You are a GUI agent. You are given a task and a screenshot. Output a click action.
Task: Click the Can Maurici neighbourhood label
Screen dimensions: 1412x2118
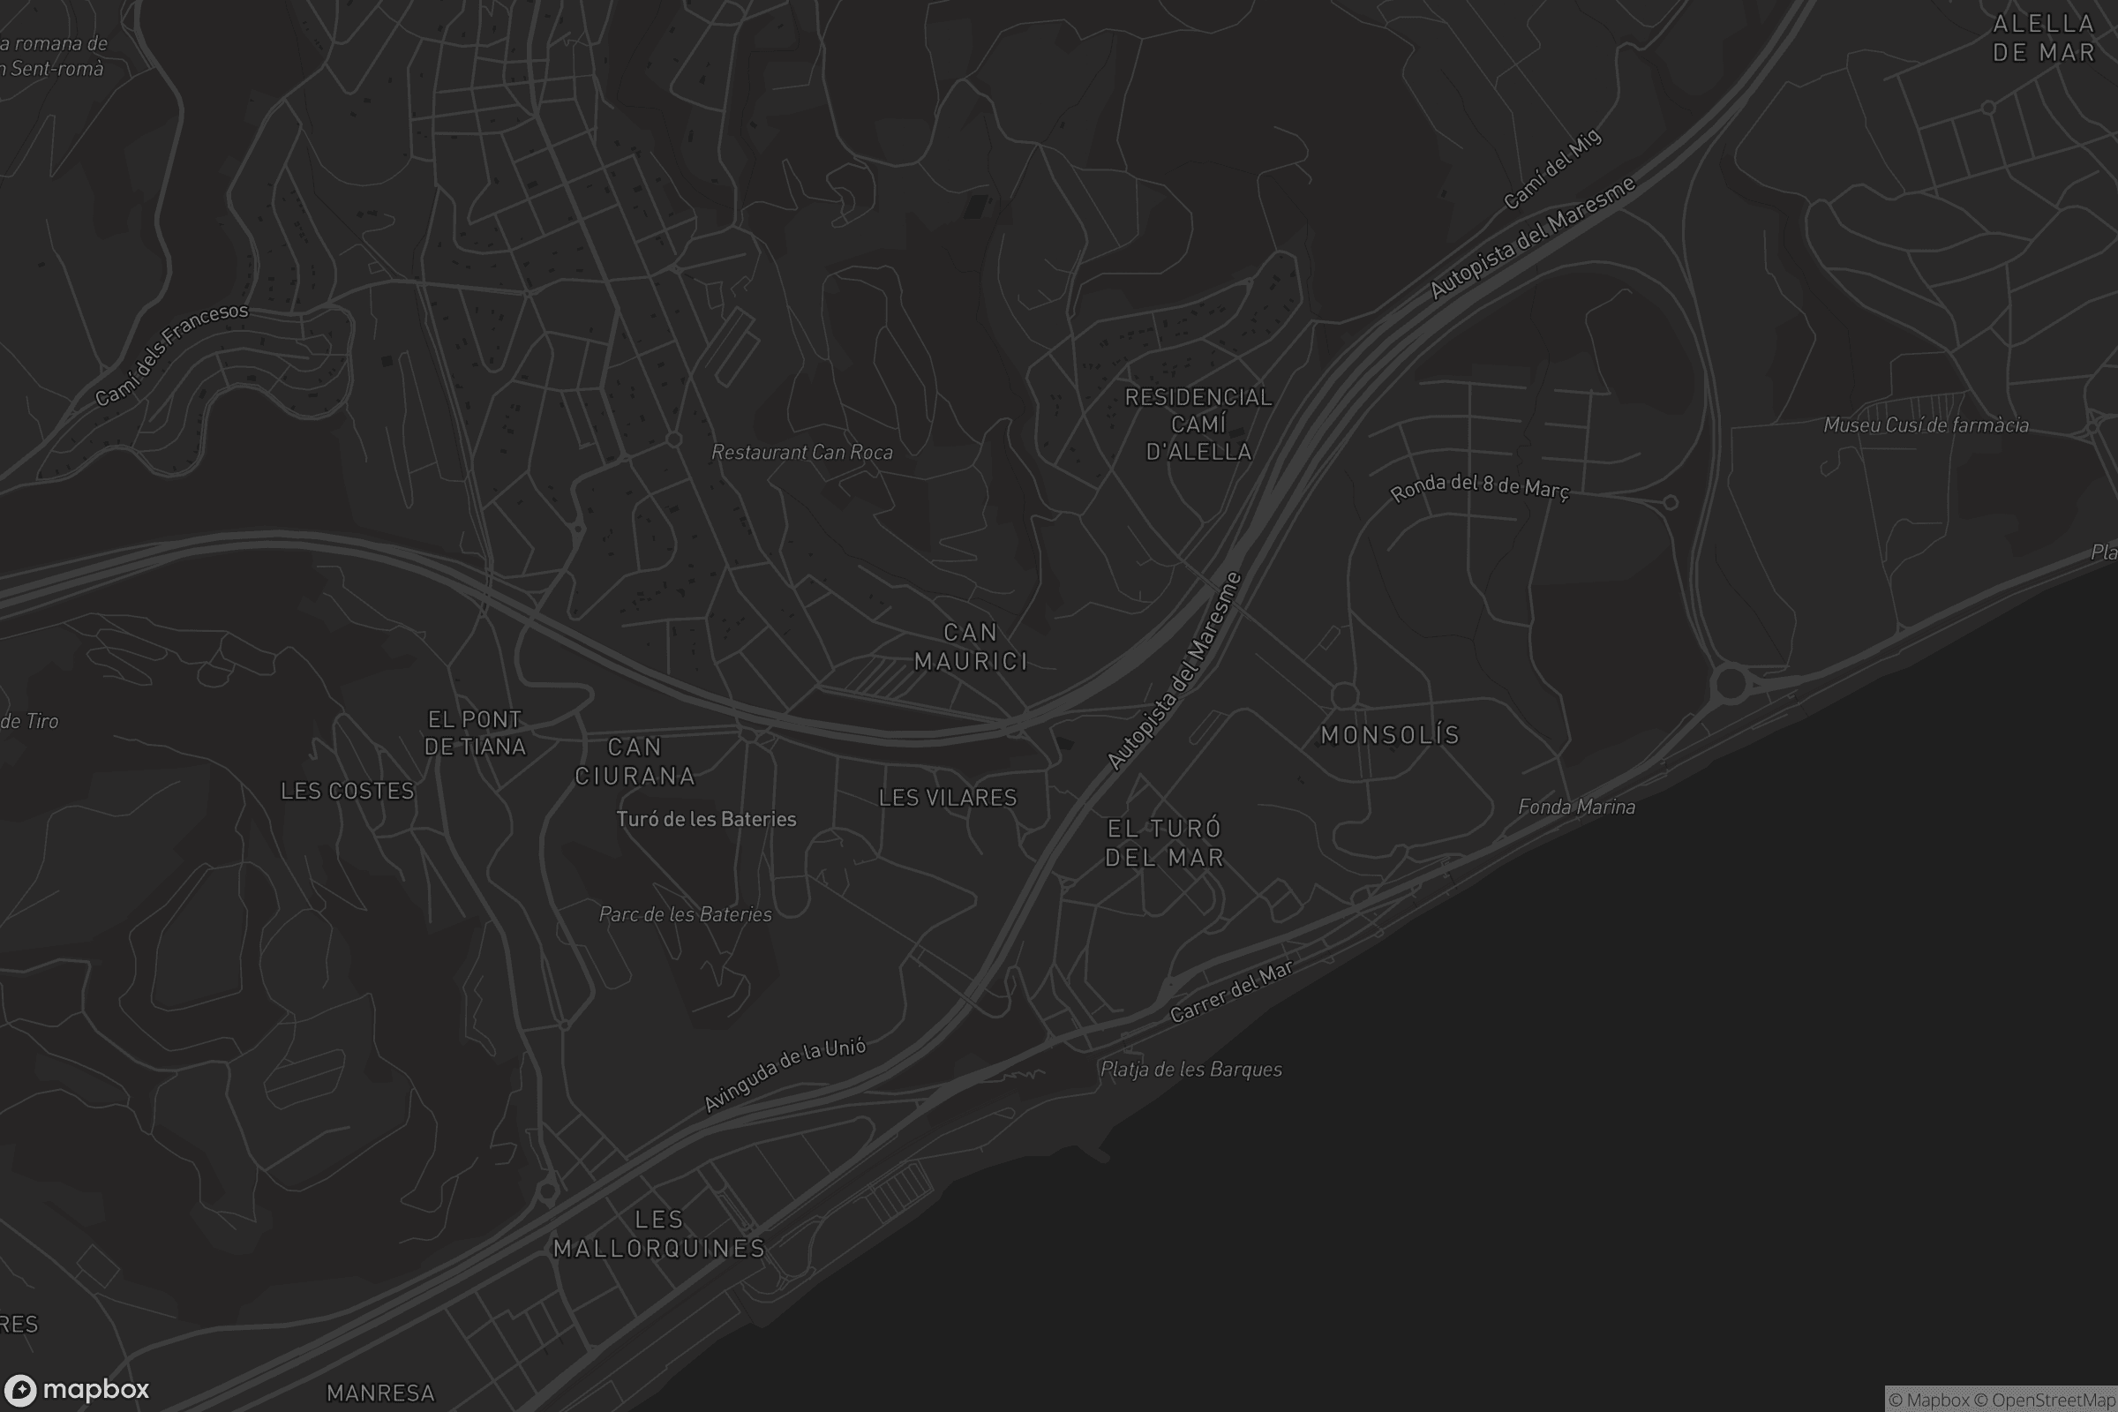(971, 647)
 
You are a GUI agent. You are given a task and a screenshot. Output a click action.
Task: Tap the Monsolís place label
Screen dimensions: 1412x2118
(1389, 736)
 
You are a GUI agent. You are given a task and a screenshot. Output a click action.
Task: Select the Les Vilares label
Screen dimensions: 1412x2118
(947, 798)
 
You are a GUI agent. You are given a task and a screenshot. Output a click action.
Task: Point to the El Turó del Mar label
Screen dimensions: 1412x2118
(1164, 843)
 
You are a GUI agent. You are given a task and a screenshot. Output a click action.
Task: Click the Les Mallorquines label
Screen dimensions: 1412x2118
(658, 1234)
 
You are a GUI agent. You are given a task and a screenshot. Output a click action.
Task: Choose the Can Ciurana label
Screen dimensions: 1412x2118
(635, 762)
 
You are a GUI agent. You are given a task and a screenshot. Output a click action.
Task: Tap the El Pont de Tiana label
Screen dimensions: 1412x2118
(475, 733)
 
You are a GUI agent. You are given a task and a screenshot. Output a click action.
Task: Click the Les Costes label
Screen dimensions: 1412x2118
(348, 792)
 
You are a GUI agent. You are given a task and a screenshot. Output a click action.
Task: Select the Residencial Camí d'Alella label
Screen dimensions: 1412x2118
(1198, 424)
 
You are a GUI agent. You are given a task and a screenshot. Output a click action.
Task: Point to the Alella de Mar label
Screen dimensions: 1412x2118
(2043, 38)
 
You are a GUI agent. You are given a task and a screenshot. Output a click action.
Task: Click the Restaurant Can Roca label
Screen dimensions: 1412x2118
(802, 453)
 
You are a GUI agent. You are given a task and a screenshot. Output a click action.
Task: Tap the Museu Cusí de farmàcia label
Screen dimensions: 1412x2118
(1926, 425)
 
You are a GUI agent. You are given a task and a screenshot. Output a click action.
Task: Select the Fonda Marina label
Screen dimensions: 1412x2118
(1577, 807)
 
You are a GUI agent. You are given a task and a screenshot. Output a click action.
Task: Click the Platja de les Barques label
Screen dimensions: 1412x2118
(1191, 1070)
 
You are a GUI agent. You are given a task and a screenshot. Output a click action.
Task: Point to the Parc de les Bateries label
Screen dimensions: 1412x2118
(686, 915)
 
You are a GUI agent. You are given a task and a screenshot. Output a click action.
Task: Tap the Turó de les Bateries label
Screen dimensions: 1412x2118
(706, 820)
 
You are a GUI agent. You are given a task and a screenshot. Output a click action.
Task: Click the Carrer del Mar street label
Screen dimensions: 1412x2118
(1231, 991)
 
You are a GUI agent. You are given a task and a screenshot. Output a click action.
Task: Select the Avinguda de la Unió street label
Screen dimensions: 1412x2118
(785, 1074)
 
